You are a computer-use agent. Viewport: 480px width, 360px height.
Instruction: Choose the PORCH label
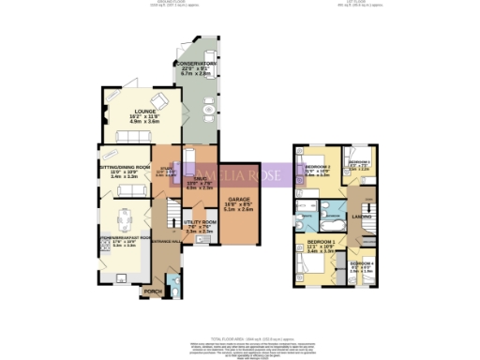[x=152, y=292]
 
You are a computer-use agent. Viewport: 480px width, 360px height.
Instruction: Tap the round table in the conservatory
[x=207, y=115]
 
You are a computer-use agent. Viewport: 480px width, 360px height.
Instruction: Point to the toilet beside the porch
[x=170, y=291]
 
